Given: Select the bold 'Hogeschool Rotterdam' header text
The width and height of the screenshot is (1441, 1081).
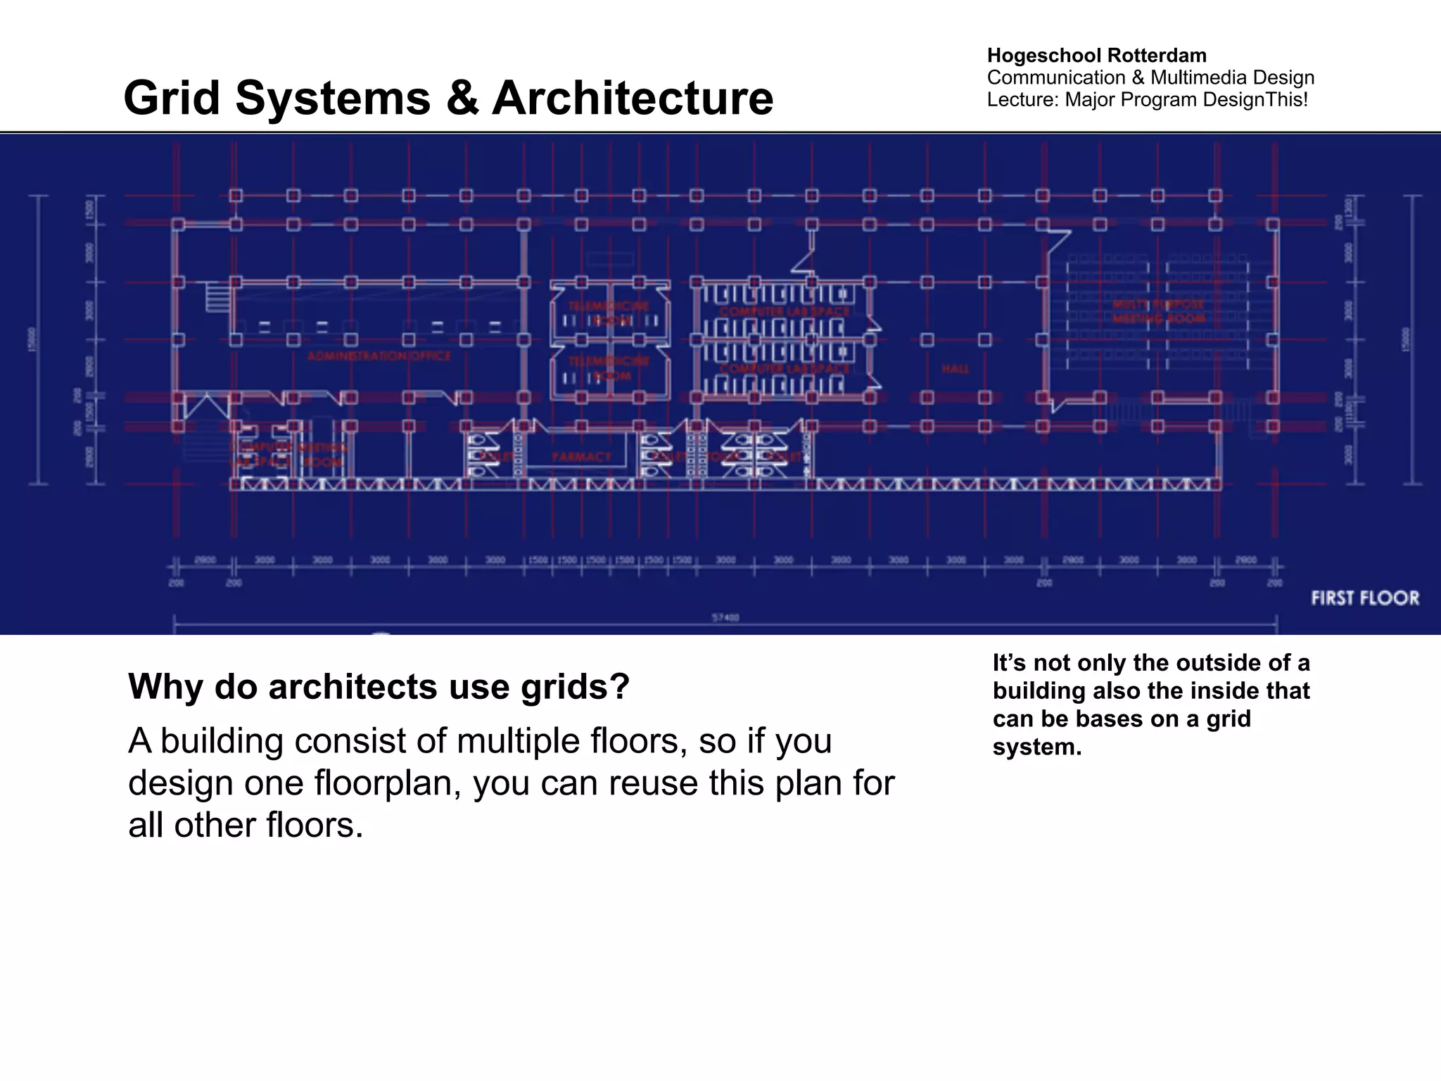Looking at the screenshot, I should tap(1096, 55).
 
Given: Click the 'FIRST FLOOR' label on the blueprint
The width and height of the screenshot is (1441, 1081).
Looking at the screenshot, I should tap(1365, 598).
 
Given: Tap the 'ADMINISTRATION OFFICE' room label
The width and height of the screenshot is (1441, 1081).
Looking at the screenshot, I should tap(379, 356).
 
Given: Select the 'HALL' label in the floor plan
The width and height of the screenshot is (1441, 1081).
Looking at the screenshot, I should tap(955, 369).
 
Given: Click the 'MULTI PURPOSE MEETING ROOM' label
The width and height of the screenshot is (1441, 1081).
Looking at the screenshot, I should tap(1158, 311).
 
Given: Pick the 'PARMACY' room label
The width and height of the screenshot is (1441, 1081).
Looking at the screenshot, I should tap(581, 457).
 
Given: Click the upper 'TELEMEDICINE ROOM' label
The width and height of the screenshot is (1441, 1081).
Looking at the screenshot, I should tap(609, 312).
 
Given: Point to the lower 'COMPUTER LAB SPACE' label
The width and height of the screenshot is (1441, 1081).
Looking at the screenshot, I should tap(784, 368).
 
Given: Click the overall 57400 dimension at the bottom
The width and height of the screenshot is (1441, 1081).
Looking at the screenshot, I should tap(725, 617).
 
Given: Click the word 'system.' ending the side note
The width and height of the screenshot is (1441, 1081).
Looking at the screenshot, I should tap(1036, 747).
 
